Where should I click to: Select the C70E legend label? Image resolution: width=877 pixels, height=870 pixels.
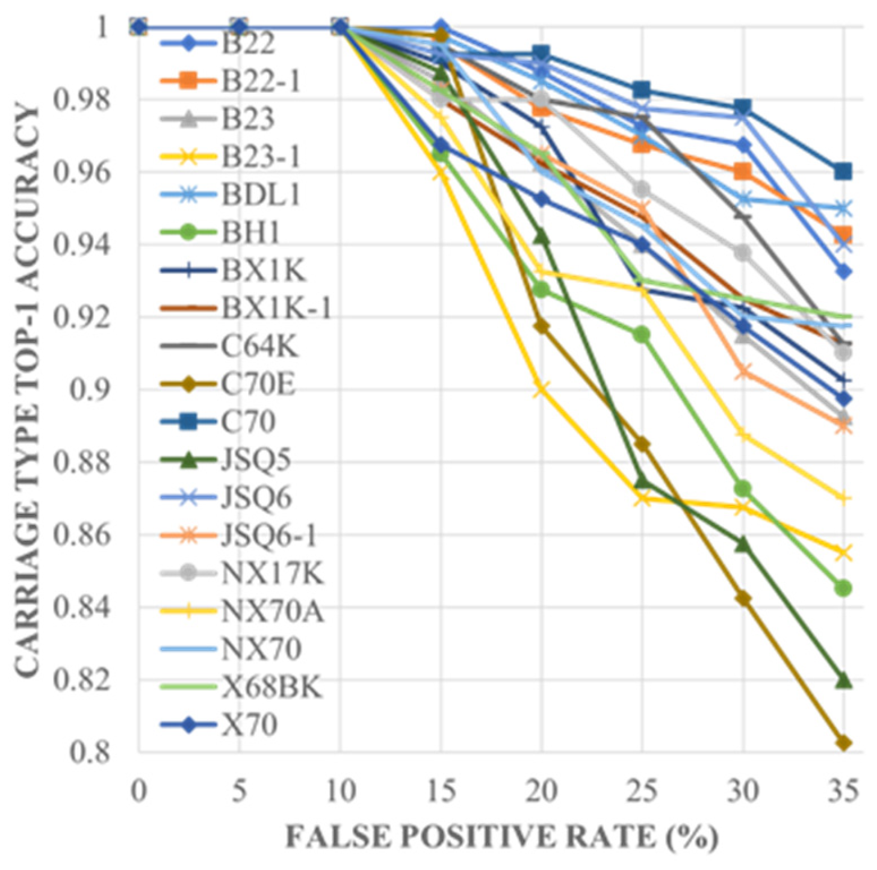[258, 384]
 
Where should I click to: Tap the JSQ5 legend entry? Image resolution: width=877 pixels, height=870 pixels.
[256, 460]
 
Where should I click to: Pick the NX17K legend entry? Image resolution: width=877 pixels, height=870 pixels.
[272, 573]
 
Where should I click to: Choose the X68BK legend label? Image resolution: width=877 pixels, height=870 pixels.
[271, 687]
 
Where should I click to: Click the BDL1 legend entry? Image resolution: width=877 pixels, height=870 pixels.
[260, 195]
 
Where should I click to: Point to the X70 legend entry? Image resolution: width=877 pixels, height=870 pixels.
[249, 725]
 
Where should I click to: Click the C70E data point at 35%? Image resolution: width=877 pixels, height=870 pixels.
[843, 743]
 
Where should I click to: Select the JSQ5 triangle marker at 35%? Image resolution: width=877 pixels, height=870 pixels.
[843, 680]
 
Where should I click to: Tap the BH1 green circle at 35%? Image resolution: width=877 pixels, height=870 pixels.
[843, 588]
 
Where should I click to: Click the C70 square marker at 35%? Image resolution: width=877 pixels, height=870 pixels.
[843, 171]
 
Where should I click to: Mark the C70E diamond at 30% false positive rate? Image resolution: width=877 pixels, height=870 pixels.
[743, 599]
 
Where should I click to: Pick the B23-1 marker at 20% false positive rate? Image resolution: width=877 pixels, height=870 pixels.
[541, 389]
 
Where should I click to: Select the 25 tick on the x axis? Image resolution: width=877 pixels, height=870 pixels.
[642, 791]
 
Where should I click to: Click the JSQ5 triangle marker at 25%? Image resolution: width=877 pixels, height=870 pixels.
[642, 482]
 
